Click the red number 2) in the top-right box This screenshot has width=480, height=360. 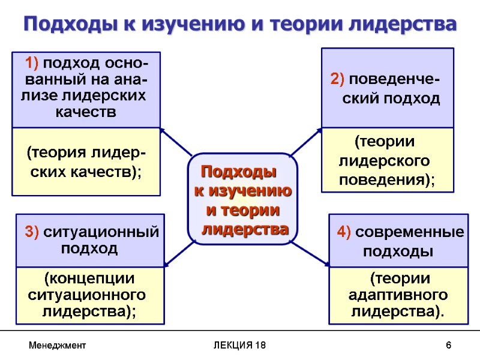click(337, 80)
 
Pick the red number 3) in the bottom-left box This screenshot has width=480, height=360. click(31, 232)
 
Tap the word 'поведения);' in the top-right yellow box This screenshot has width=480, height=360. click(388, 179)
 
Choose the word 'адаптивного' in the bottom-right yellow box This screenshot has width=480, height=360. click(398, 295)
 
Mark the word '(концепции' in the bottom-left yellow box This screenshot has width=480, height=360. click(89, 279)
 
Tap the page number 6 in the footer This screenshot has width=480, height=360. click(448, 346)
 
